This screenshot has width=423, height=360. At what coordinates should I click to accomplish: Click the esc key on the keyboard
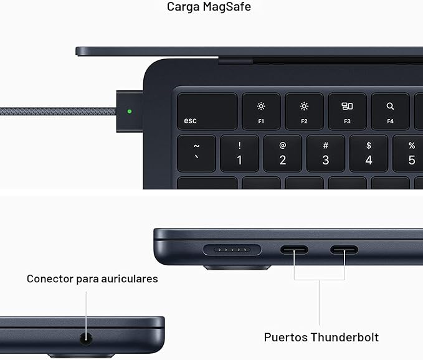(x=207, y=111)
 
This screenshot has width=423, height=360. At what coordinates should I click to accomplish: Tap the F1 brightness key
(x=261, y=111)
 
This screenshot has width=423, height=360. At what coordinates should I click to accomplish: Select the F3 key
(x=347, y=111)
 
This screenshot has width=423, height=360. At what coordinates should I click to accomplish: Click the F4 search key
(x=390, y=111)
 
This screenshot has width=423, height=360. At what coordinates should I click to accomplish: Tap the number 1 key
(x=239, y=153)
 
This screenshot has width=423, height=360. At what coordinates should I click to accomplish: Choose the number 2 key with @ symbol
(x=282, y=153)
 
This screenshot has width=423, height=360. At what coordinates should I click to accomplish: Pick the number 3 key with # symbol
(x=325, y=153)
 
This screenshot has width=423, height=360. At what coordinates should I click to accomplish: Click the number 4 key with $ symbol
(x=368, y=153)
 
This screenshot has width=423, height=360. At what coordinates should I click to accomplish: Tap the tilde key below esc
(x=197, y=153)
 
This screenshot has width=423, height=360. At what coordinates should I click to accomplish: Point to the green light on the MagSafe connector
(x=129, y=112)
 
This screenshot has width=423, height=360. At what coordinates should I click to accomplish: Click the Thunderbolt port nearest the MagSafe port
(x=294, y=250)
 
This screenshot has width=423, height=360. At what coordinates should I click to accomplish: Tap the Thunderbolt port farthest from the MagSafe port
(x=344, y=250)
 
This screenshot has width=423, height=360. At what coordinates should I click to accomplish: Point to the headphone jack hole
(x=86, y=339)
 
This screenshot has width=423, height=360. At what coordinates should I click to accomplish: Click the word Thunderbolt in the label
(x=345, y=338)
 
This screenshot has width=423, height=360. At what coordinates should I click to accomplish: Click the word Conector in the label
(x=50, y=278)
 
